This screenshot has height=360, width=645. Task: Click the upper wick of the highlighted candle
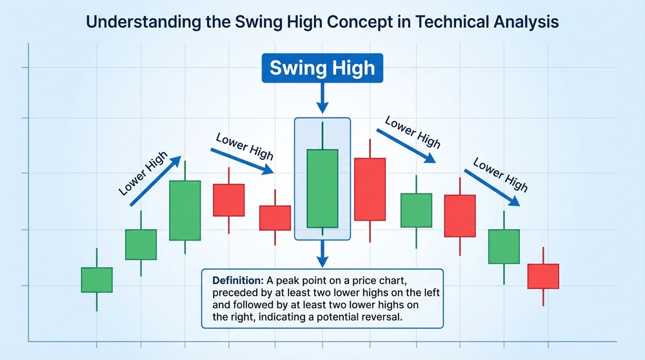322,135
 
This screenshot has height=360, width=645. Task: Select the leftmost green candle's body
97,280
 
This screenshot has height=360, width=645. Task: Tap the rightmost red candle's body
543,276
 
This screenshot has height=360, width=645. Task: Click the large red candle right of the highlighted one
370,190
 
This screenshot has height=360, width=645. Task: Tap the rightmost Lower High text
501,175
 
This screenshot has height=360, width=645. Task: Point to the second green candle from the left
141,245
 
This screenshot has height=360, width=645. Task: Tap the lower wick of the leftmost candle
97,302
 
